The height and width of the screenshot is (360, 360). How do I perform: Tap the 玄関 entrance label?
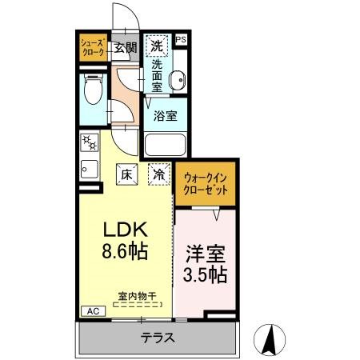click(x=125, y=46)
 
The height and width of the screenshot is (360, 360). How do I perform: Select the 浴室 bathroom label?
click(x=166, y=114)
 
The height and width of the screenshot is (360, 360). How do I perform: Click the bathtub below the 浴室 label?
click(x=166, y=146)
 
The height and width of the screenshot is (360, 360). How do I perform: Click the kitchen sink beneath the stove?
click(x=89, y=170)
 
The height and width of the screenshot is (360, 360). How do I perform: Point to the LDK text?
click(x=123, y=227)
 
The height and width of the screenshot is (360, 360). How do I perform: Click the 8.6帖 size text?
click(x=123, y=251)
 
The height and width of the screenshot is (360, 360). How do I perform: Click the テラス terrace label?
click(x=158, y=337)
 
